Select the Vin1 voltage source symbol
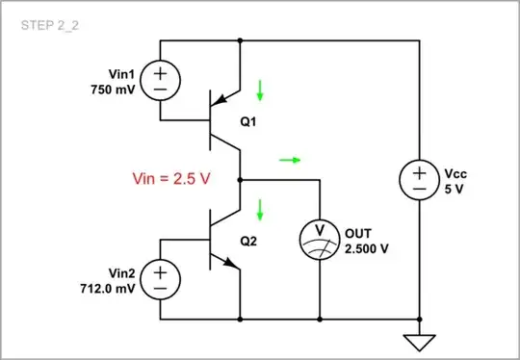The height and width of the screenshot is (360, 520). tap(159, 80)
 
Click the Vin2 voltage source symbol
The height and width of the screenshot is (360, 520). tap(159, 279)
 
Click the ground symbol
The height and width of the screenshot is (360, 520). tap(420, 340)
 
